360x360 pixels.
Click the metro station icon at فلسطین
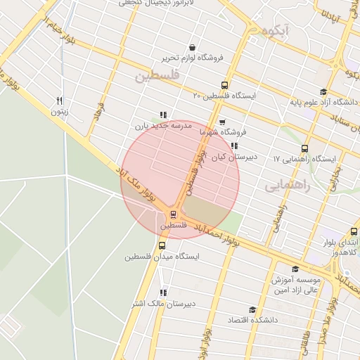coord(174,214)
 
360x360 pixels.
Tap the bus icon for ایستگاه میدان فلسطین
coord(162,246)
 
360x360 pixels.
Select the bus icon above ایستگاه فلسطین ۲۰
coord(225,84)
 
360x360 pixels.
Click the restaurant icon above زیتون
coord(60,101)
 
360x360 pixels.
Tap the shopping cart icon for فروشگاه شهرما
coord(222,122)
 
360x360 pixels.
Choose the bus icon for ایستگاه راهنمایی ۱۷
coord(304,148)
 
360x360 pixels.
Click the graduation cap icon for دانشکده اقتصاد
coord(252,310)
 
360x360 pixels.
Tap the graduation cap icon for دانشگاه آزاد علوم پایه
coord(323,91)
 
